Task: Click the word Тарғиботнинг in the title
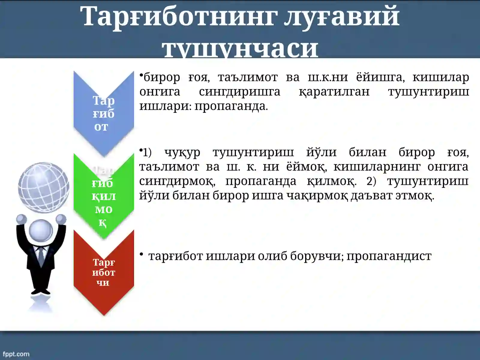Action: pos(178,16)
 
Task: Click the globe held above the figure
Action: pos(43,187)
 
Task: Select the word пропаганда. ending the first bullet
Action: pos(231,106)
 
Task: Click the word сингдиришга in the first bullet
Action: pos(239,92)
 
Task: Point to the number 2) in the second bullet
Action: pos(371,181)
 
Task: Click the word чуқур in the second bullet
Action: pos(182,152)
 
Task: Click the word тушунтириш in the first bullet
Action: pos(428,92)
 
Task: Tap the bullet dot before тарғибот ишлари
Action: pos(141,254)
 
